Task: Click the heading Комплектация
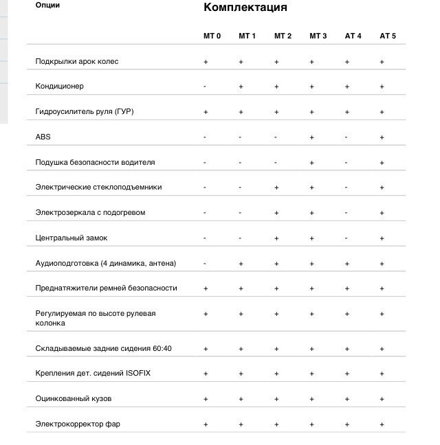click(x=245, y=8)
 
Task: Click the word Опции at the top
click(x=47, y=5)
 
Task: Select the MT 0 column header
click(x=211, y=36)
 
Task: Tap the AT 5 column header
click(x=388, y=36)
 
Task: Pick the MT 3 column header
click(x=318, y=36)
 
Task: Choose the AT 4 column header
click(x=353, y=36)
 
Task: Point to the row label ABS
click(x=43, y=137)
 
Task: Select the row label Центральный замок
click(x=71, y=238)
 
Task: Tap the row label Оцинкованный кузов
click(x=73, y=398)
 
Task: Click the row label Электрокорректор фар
click(x=78, y=424)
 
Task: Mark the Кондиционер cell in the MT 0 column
click(x=205, y=87)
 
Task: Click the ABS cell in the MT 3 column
click(x=311, y=137)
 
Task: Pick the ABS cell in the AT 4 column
click(x=346, y=137)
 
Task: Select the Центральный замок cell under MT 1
click(x=241, y=238)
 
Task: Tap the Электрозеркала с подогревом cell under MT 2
click(x=276, y=213)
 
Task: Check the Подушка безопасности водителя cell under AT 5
click(x=382, y=163)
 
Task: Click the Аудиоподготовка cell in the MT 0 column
click(x=205, y=263)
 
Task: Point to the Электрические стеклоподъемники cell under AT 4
click(x=346, y=187)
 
